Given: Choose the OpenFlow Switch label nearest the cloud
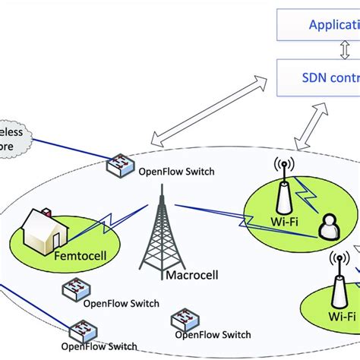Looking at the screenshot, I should (175, 171).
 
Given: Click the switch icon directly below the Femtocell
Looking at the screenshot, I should (74, 289).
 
